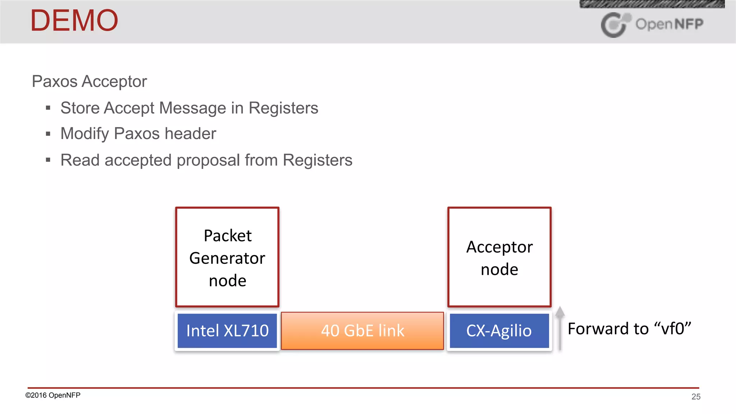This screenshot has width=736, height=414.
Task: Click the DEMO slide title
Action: point(74,20)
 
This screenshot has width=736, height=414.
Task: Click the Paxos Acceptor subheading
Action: point(89,81)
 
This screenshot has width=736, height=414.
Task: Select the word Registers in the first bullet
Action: point(283,108)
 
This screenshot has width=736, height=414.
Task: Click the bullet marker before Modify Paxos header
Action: point(48,134)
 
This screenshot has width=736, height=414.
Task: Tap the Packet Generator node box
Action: point(227,257)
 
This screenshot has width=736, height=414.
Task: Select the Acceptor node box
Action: point(499,257)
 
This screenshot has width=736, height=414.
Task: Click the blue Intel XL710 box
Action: point(227,331)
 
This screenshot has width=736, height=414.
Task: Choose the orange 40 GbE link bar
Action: point(362,331)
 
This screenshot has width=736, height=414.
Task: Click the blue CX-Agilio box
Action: point(499,331)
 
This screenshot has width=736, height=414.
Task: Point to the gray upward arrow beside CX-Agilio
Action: point(560,327)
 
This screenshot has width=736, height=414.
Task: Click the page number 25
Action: point(696,397)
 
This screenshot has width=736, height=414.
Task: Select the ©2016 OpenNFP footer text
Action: point(53,395)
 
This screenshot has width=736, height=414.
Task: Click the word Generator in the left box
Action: point(227,258)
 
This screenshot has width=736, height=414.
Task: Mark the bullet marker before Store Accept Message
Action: point(48,108)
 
